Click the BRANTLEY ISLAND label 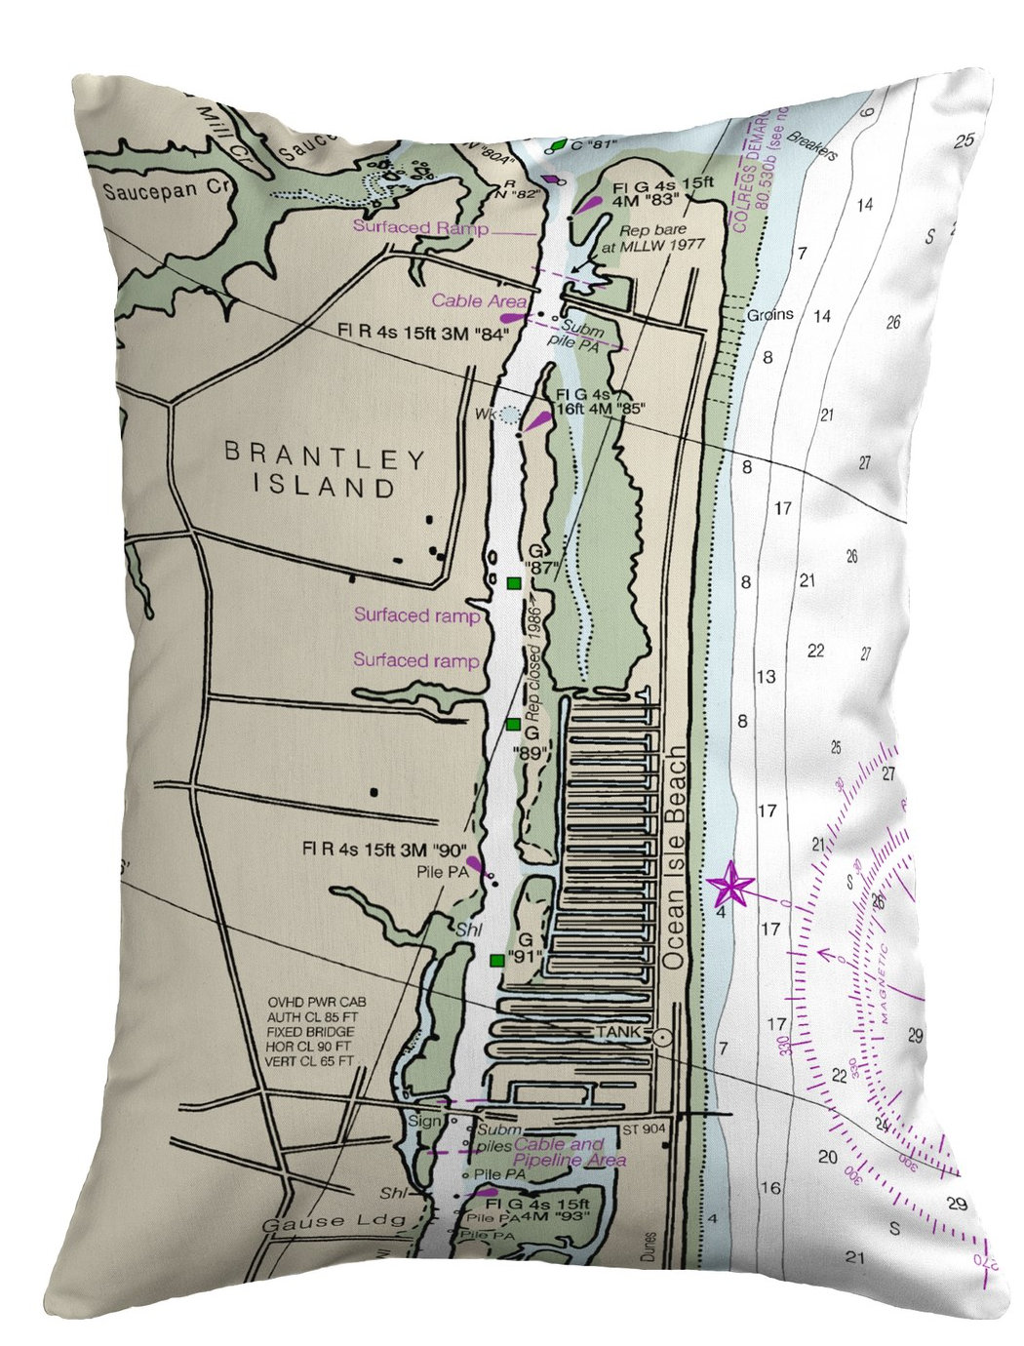(x=324, y=470)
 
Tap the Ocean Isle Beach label (x=675, y=859)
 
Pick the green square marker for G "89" (x=513, y=724)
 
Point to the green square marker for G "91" (x=497, y=960)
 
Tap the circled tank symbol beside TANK (x=662, y=1038)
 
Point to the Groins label (x=770, y=315)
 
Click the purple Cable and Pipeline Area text (x=571, y=1152)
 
